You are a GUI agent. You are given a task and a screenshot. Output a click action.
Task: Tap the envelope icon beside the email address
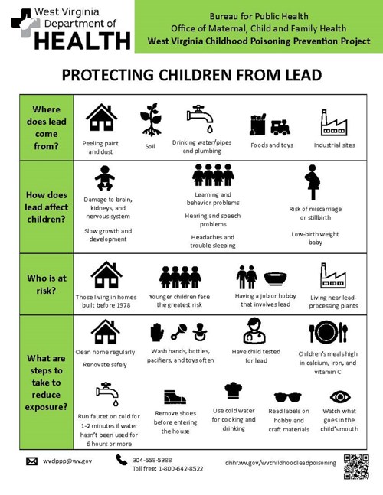click(x=31, y=461)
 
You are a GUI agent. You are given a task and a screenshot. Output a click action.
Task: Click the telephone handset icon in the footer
click(x=122, y=460)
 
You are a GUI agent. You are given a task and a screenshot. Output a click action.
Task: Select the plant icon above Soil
click(x=150, y=119)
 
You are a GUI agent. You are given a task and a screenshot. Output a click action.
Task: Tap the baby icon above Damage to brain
click(x=104, y=180)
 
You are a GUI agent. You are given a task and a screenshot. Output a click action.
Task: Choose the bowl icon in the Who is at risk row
click(x=277, y=278)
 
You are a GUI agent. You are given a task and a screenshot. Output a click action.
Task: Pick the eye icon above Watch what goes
click(x=340, y=397)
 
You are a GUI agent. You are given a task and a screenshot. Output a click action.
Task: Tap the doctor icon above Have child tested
click(x=254, y=331)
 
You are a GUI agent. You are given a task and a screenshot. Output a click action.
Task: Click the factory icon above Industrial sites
click(x=334, y=122)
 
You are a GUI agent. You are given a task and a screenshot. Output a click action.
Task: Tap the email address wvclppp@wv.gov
click(x=67, y=461)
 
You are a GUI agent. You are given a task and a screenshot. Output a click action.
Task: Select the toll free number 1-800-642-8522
click(x=178, y=468)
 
